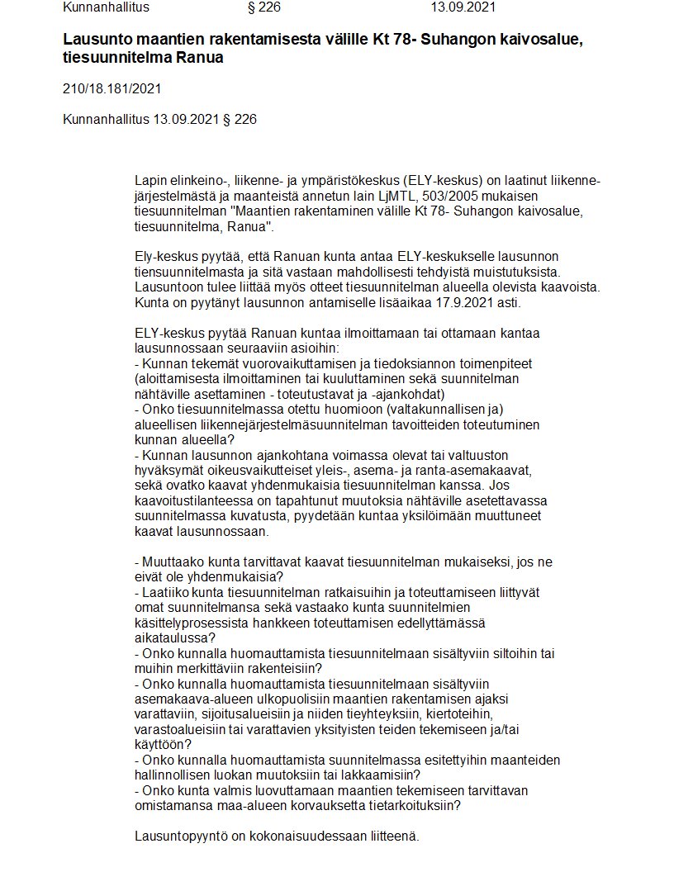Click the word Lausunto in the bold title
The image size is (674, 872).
click(96, 40)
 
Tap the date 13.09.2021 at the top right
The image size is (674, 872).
click(463, 8)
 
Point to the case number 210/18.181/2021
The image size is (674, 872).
click(112, 89)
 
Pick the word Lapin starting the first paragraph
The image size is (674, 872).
click(150, 181)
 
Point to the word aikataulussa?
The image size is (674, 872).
click(174, 637)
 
